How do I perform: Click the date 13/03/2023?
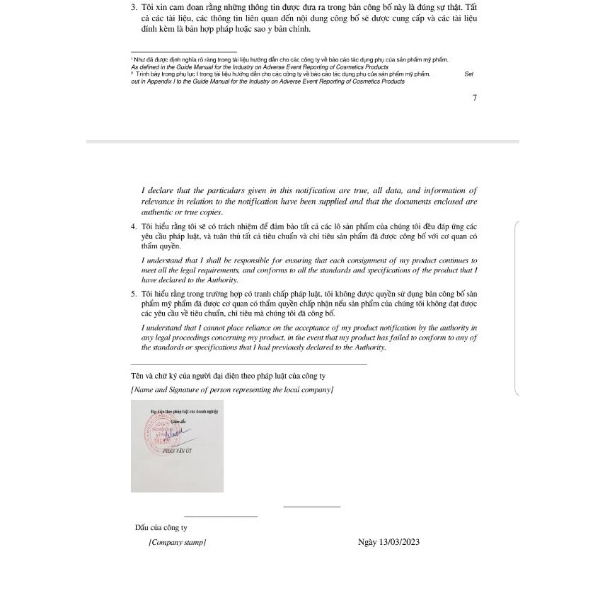[400, 542]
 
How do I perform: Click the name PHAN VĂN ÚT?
[177, 451]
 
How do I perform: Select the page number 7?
[475, 98]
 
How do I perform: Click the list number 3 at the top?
[134, 7]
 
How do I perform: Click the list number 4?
[134, 226]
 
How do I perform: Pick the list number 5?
[134, 293]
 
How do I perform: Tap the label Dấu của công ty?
[161, 527]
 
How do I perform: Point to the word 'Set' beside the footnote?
[469, 74]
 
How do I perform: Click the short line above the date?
[311, 506]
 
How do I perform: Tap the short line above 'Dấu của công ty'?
[221, 517]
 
